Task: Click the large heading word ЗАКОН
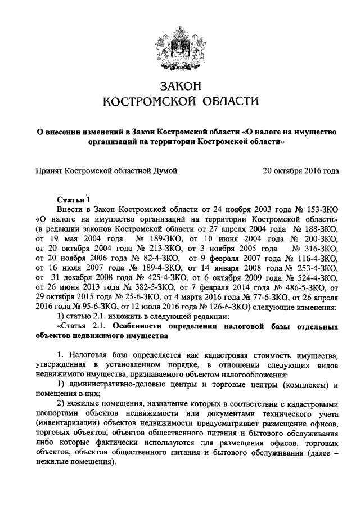click(180, 86)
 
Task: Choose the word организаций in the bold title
click(110, 142)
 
